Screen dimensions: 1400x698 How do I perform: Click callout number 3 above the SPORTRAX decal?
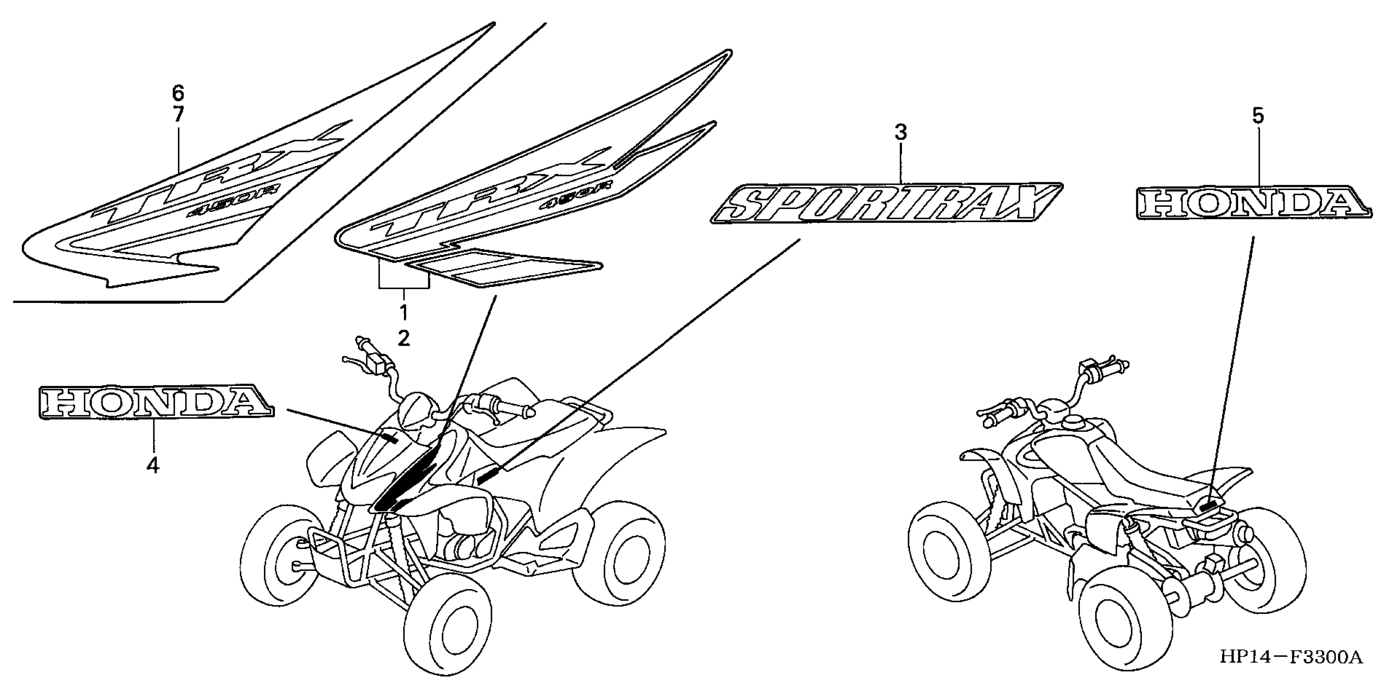coord(901,132)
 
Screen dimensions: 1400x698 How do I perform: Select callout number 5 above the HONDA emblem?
coord(1258,116)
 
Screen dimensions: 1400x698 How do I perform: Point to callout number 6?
coord(178,94)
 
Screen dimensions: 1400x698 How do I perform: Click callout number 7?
coord(178,114)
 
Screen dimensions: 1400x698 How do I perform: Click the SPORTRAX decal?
coord(886,203)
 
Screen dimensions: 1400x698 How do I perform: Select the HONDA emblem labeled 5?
coord(1253,204)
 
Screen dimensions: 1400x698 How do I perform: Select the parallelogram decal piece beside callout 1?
coord(503,267)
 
